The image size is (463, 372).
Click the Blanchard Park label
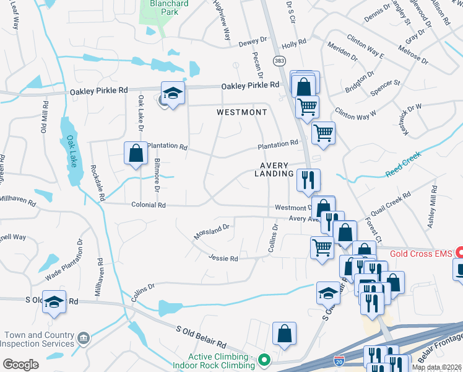163,7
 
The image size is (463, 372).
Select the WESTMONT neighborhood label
242,112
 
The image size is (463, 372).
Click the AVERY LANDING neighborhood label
276,169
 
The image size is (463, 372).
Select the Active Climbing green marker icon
264,360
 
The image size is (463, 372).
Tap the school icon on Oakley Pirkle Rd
173,94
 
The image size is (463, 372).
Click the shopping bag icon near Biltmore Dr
136,153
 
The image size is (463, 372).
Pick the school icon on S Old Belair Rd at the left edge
54,302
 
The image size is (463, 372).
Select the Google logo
20,365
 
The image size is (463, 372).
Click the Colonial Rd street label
149,205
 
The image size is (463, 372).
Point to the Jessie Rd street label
223,258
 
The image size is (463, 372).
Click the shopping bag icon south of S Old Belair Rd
284,334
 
